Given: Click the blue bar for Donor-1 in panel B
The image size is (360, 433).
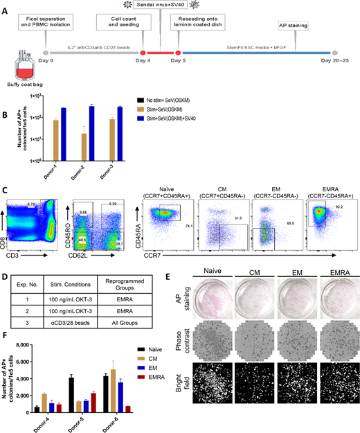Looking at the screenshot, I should pyautogui.click(x=64, y=134).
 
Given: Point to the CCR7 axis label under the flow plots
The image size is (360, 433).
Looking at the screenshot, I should pyautogui.click(x=240, y=256).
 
